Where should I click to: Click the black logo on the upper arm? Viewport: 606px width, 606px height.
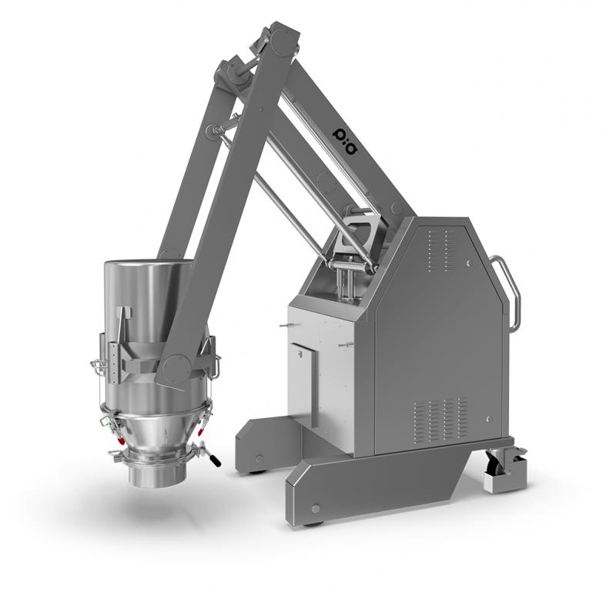coord(345,140)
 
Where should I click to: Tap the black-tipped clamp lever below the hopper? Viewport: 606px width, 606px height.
coord(213,459)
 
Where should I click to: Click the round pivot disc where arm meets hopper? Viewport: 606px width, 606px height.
coord(176,368)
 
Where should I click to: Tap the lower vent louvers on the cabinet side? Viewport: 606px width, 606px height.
coord(441,422)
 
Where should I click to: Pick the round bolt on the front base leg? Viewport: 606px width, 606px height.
coord(316,509)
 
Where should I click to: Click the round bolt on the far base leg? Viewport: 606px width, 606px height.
coord(259,458)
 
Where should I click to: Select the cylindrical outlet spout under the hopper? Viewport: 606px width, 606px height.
coord(157,473)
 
